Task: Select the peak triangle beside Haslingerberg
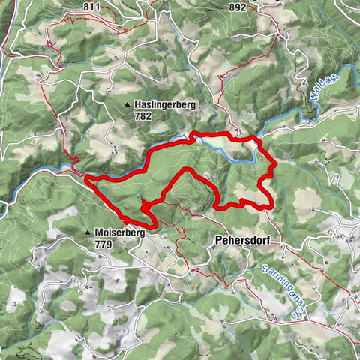pos(128,104)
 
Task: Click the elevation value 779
pos(103,244)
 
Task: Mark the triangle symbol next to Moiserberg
pos(88,233)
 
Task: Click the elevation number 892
pos(238,7)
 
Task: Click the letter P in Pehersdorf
pos(217,241)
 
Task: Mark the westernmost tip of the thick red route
pos(85,177)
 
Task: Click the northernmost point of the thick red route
pos(196,133)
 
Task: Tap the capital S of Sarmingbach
pos(266,269)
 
